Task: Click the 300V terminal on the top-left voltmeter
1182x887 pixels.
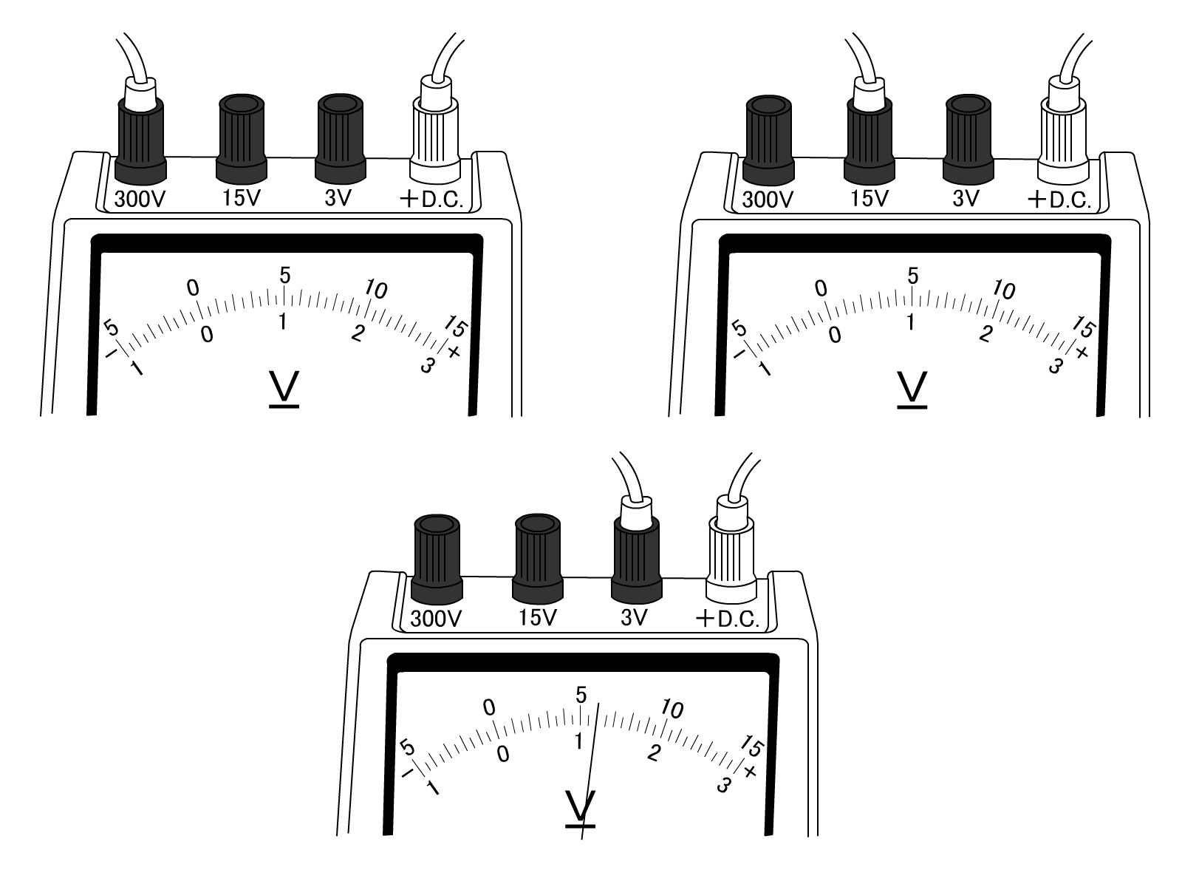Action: (x=140, y=140)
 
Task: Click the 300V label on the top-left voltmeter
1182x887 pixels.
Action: (x=140, y=200)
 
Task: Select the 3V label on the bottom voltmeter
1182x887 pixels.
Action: (x=635, y=617)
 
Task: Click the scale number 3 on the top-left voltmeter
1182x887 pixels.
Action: (x=427, y=364)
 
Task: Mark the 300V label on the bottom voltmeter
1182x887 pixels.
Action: (x=436, y=618)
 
